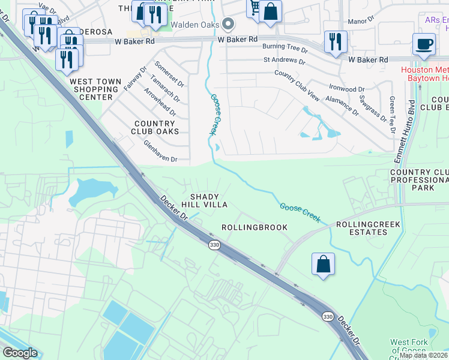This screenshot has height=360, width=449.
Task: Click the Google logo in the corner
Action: [19, 353]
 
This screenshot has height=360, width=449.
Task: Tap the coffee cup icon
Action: [424, 45]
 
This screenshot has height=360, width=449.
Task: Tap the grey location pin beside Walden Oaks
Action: [228, 25]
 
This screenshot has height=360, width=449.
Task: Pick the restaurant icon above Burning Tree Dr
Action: [335, 42]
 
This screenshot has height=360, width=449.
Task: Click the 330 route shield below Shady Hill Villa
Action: [214, 245]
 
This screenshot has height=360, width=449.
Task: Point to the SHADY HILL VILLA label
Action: [208, 200]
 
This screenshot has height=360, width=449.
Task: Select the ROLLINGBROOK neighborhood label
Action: [255, 227]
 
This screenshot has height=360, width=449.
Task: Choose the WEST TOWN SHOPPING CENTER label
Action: [91, 89]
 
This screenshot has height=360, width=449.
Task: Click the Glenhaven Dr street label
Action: [160, 152]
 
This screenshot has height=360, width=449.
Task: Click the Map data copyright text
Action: [423, 355]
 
